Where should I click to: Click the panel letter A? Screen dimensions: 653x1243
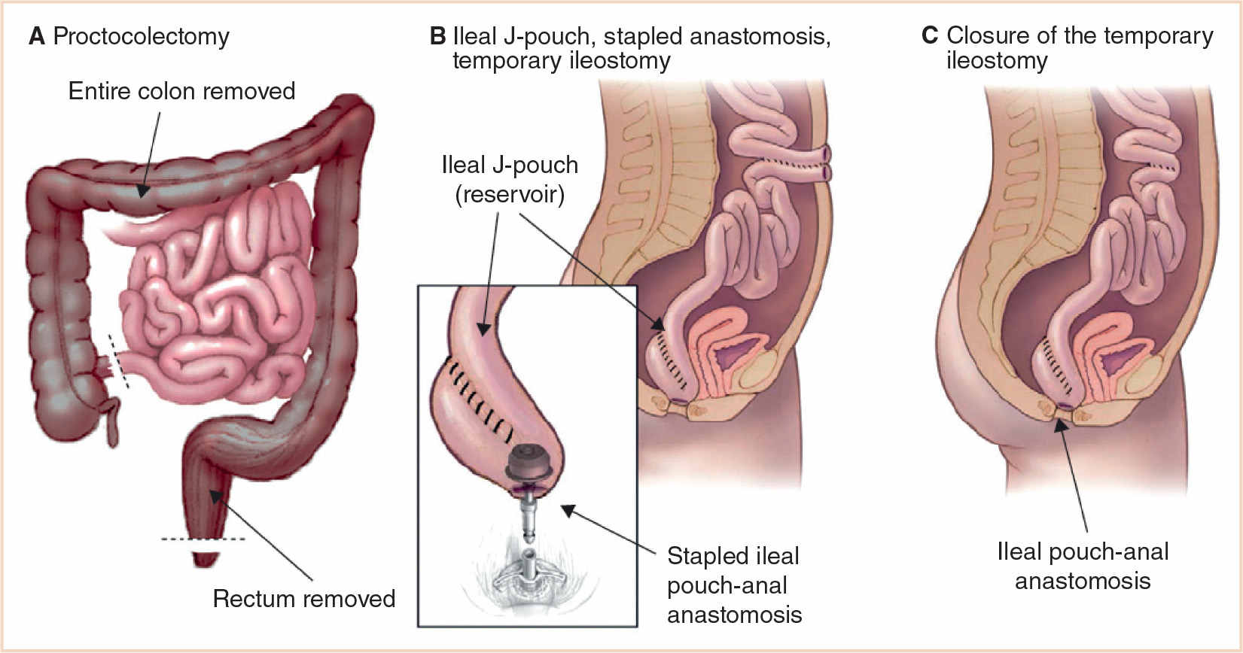[36, 36]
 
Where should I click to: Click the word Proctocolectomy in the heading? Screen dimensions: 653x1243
[141, 37]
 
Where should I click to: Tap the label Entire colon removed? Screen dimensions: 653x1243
[181, 91]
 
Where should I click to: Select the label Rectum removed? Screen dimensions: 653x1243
[303, 598]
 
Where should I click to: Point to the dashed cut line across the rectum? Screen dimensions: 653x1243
[203, 539]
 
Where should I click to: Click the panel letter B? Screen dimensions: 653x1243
[437, 36]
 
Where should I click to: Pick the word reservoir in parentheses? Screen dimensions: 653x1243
[510, 194]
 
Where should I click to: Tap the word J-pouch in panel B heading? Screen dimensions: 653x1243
[547, 36]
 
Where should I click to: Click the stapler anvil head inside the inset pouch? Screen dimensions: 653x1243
[532, 461]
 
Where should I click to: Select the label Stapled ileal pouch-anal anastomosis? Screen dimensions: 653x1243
[734, 585]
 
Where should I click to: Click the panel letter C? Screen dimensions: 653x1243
[930, 35]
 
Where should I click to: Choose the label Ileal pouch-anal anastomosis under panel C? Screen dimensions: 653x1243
[1083, 566]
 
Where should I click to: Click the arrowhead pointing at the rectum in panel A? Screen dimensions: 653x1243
[215, 494]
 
